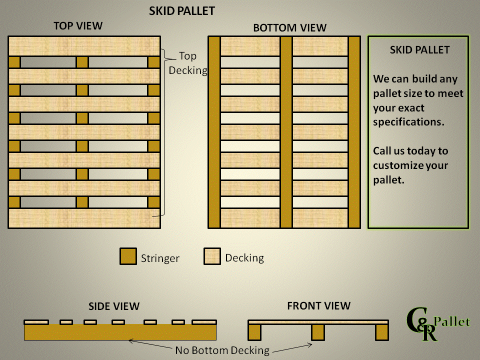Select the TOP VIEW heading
[78, 26]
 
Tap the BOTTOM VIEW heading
[289, 28]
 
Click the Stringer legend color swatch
[128, 256]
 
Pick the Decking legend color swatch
[212, 256]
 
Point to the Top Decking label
[188, 63]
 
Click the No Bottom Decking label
[222, 350]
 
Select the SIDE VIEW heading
[114, 306]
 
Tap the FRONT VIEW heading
[319, 305]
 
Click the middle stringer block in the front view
[318, 331]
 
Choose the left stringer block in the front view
[254, 331]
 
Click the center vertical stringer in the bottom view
[286, 132]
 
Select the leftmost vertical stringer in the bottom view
[214, 132]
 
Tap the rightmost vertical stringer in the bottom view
[354, 132]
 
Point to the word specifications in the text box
[408, 122]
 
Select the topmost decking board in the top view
[84, 46]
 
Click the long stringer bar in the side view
[120, 332]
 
